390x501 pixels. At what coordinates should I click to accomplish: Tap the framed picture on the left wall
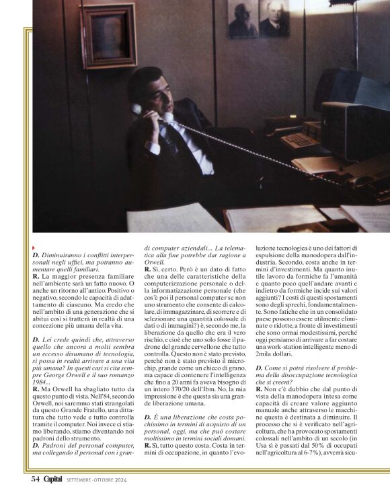[x=108, y=36]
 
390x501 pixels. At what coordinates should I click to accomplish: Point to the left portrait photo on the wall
[x=242, y=19]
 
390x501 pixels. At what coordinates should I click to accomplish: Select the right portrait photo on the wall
[x=274, y=18]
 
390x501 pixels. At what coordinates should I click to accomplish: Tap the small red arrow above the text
[x=34, y=248]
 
